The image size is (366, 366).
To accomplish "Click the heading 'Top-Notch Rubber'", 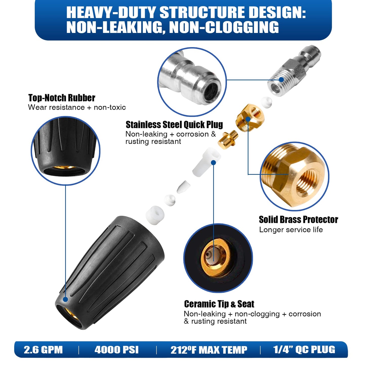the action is [x=62, y=98].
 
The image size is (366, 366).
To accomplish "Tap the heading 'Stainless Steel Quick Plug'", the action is [x=174, y=125].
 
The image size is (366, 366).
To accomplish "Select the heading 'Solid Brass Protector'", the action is [x=298, y=220].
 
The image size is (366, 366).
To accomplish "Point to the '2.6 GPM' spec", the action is [x=43, y=350].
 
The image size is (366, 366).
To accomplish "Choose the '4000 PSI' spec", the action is [x=117, y=350].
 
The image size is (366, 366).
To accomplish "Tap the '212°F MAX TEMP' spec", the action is [x=209, y=350].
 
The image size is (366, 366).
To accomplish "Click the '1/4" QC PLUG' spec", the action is [x=304, y=350].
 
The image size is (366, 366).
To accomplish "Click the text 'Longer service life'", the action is [x=291, y=230].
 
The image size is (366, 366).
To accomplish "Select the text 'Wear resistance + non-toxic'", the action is [x=77, y=107].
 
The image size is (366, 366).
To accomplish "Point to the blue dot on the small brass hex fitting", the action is [x=248, y=119].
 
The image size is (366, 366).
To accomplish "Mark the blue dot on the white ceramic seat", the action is [x=214, y=163].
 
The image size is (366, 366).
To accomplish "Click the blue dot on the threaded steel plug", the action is [x=281, y=79].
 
